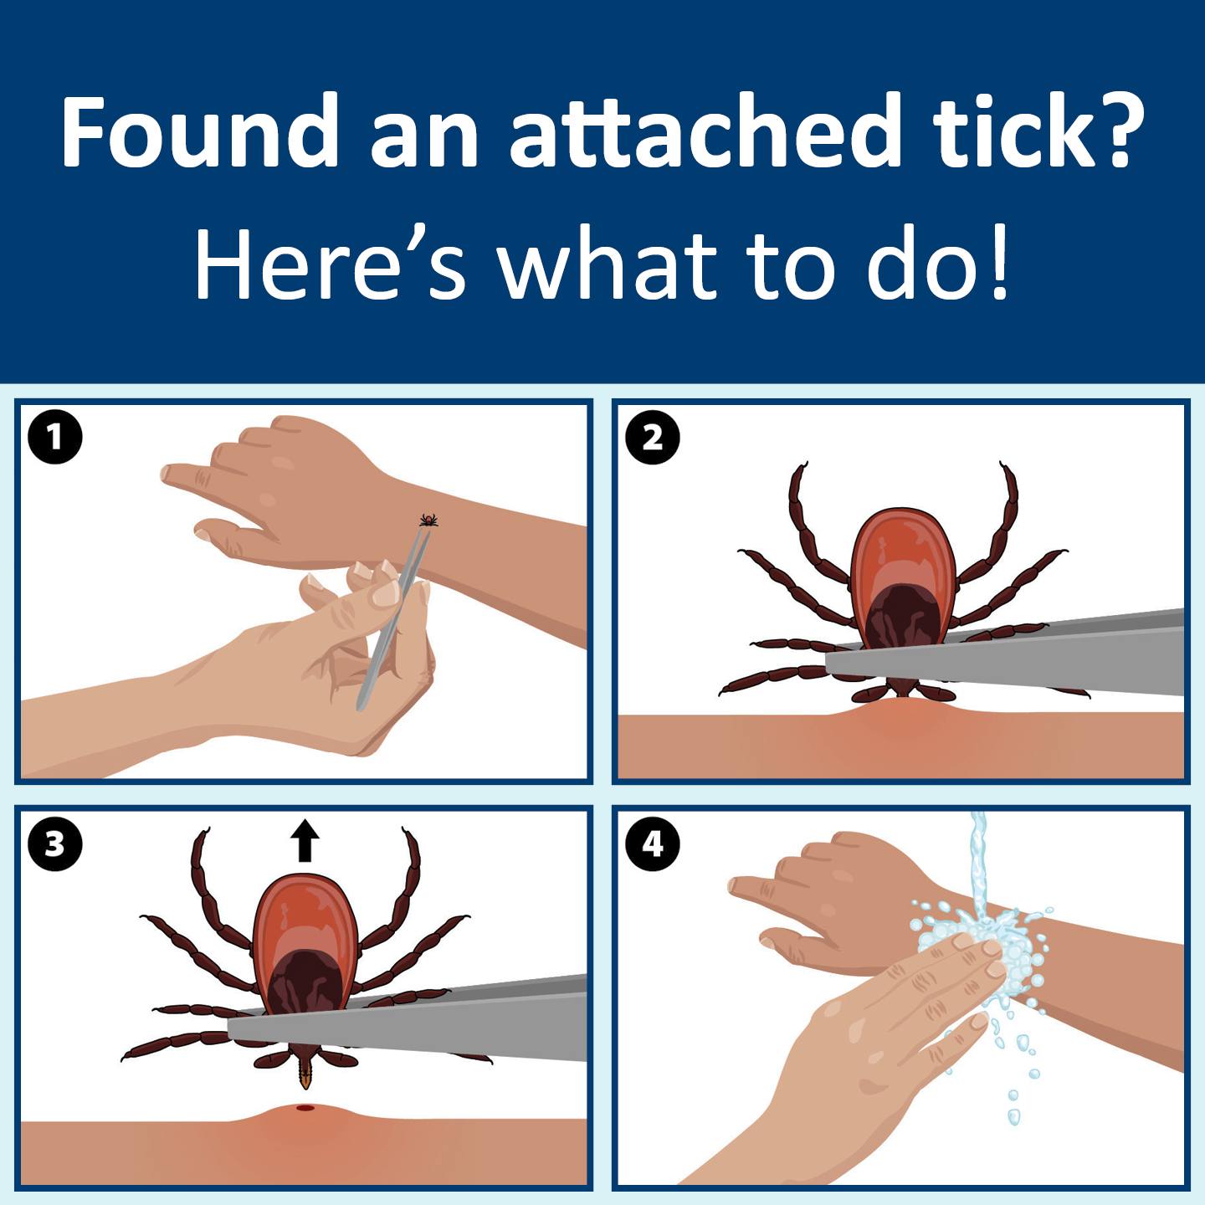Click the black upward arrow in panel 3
pyautogui.click(x=305, y=840)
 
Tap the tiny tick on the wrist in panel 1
pyautogui.click(x=428, y=519)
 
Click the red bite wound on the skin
pyautogui.click(x=305, y=1108)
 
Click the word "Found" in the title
pyautogui.click(x=199, y=131)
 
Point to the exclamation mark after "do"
pyautogui.click(x=998, y=263)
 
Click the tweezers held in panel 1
pyautogui.click(x=394, y=616)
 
